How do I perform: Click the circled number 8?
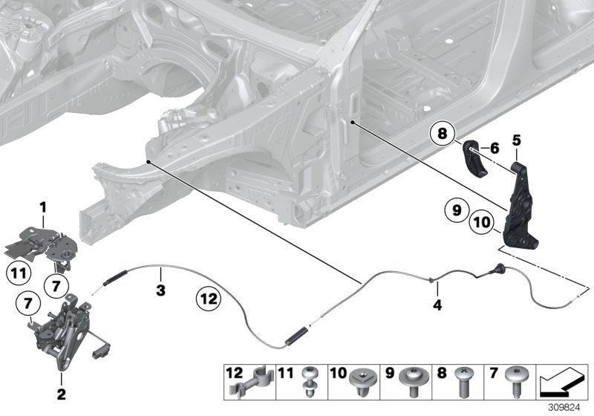(442, 135)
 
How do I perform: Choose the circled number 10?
(481, 222)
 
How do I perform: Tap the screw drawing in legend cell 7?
(515, 381)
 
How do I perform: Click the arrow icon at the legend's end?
(561, 382)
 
